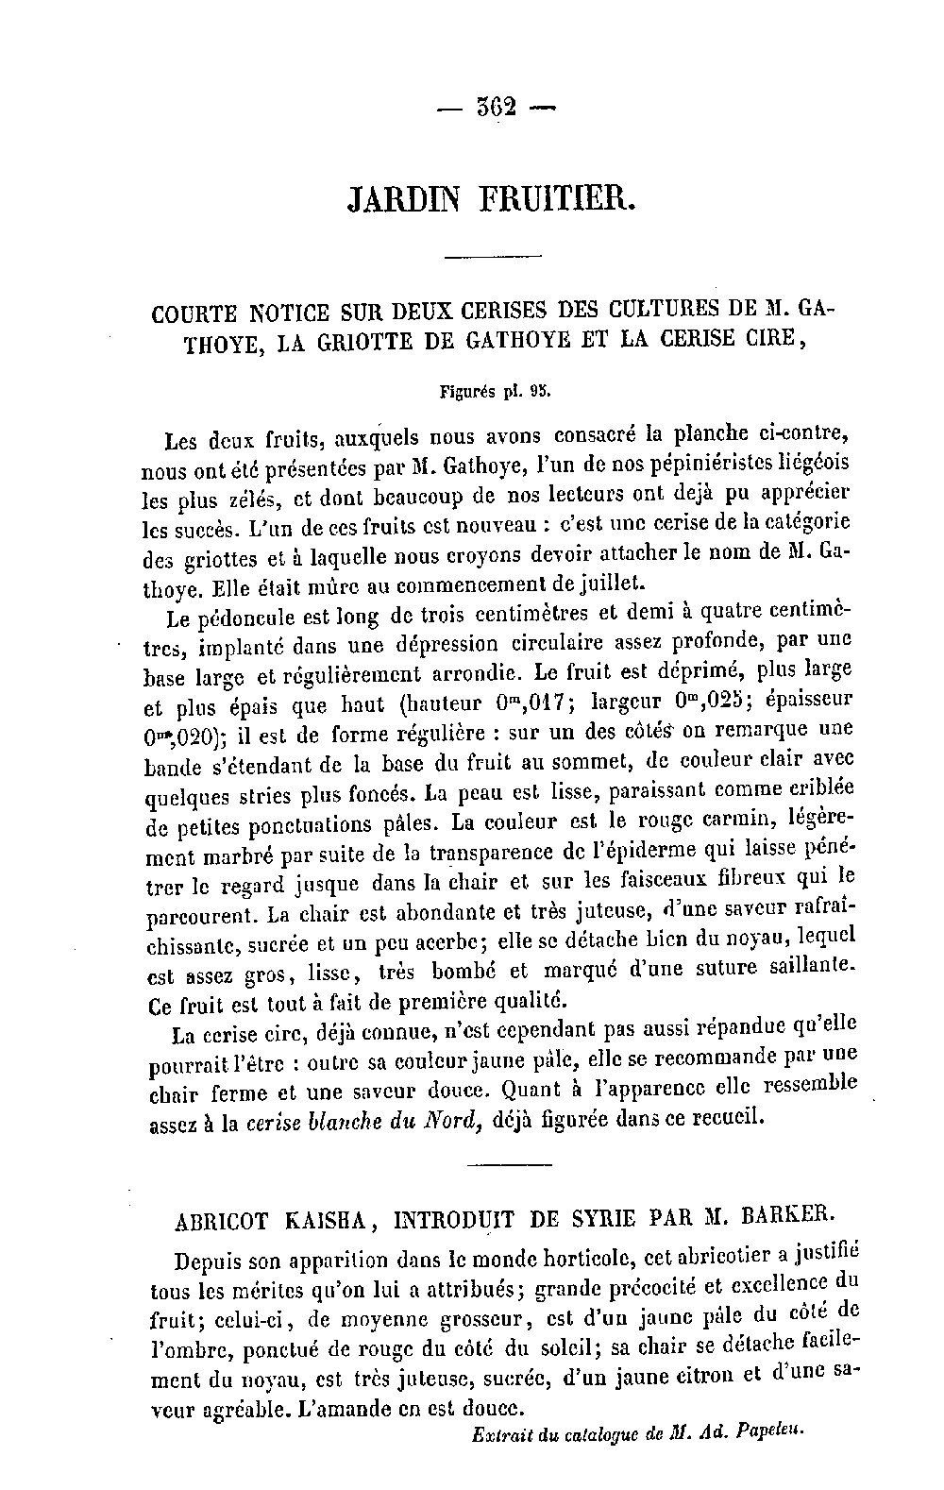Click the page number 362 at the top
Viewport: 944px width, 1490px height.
point(493,107)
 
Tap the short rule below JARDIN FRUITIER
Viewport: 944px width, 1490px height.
point(492,258)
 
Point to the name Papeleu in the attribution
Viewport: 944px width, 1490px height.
point(769,1431)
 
